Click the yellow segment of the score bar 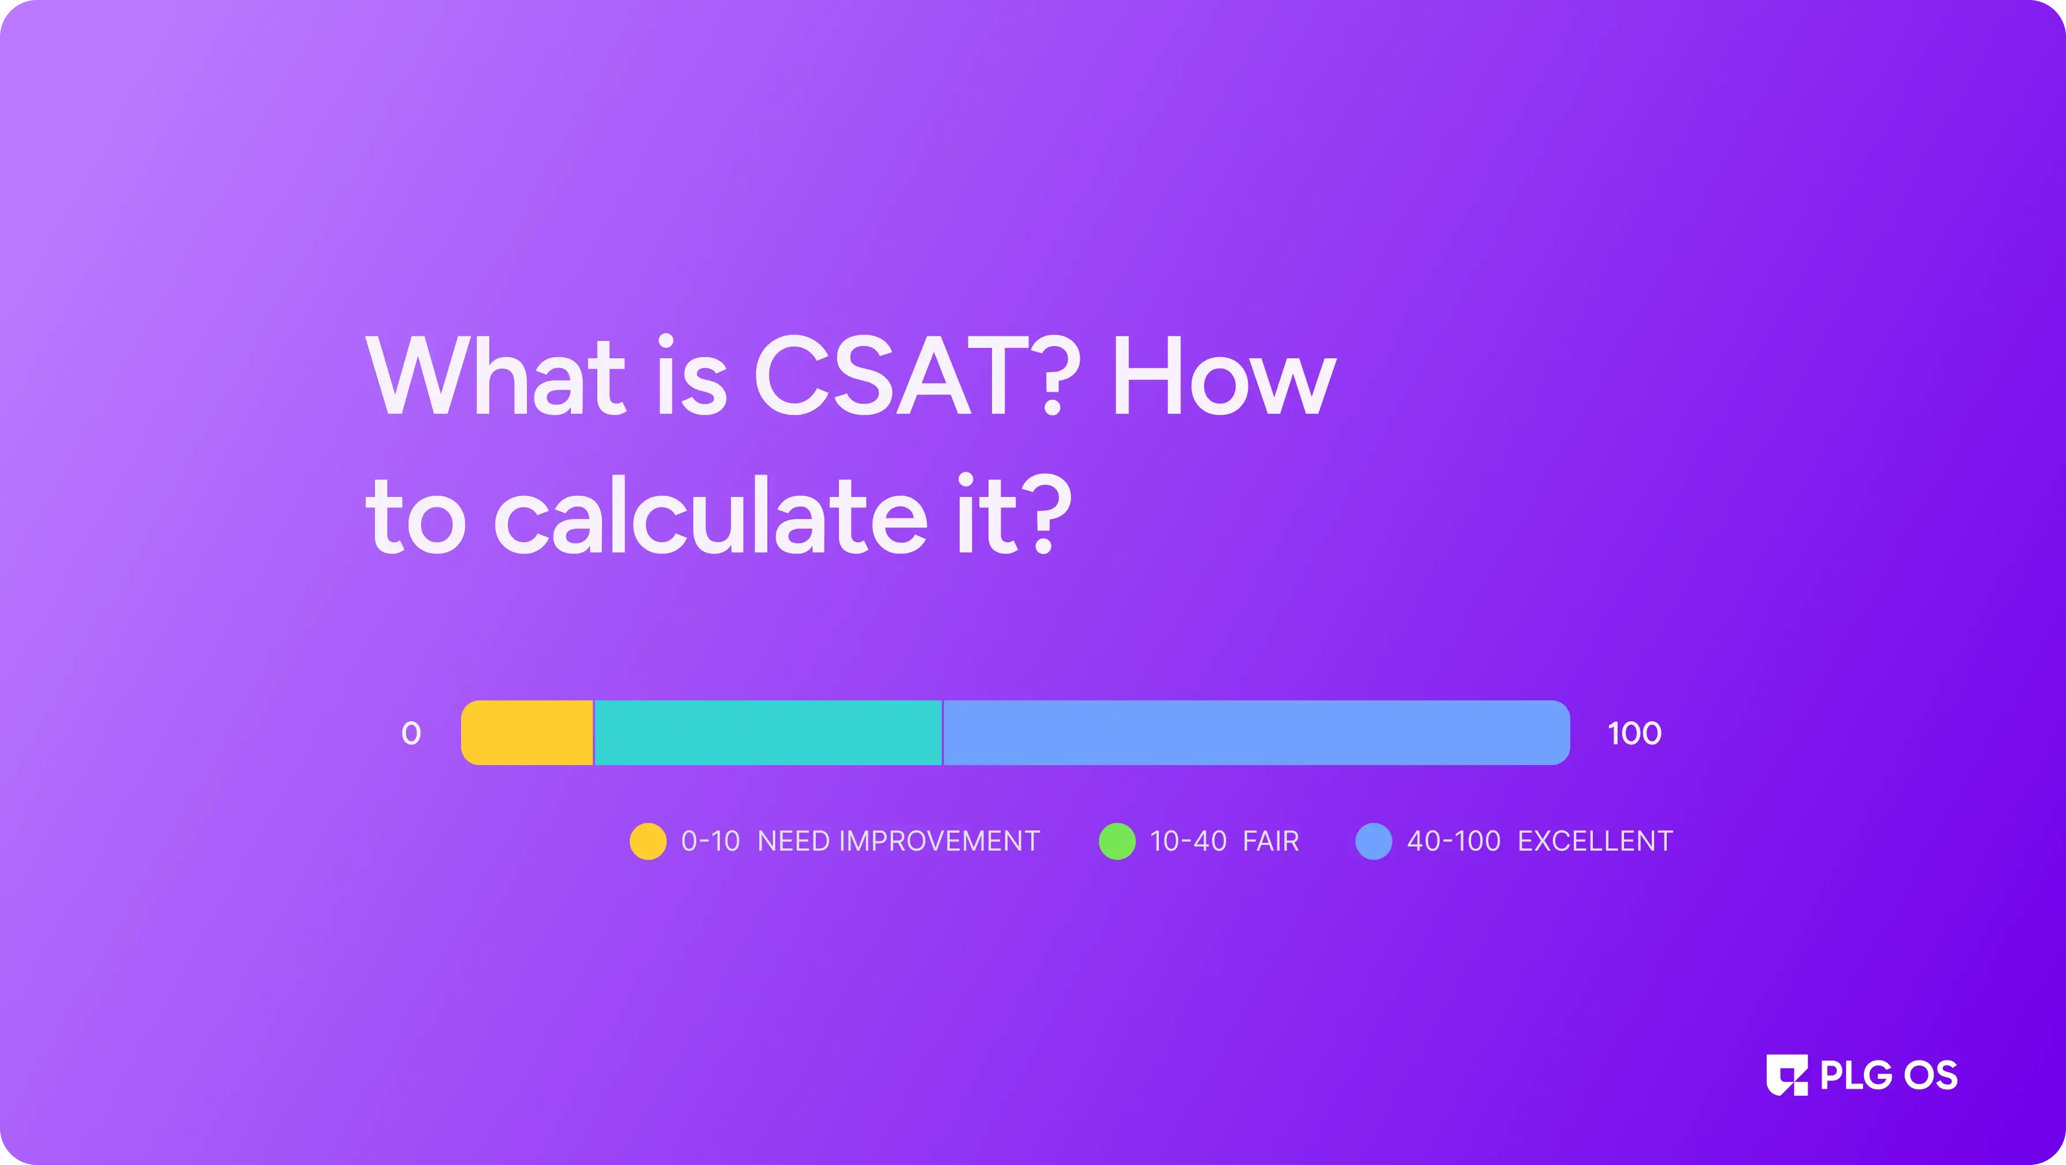click(x=527, y=733)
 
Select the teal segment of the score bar click(x=768, y=733)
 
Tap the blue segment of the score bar click(x=1256, y=733)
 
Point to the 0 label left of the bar click(x=411, y=733)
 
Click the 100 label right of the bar click(x=1634, y=733)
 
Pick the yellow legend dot click(x=648, y=841)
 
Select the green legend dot click(x=1117, y=841)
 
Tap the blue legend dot click(x=1374, y=841)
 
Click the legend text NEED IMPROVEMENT click(x=898, y=841)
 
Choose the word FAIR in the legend click(x=1270, y=841)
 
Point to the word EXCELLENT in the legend click(x=1595, y=841)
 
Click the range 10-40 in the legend click(x=1188, y=841)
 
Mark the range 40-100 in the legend click(x=1453, y=841)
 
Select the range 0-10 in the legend click(x=711, y=841)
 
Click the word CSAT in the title click(x=892, y=374)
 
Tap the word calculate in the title click(x=711, y=514)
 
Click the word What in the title click(x=496, y=374)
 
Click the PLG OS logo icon click(x=1787, y=1075)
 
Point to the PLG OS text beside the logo click(x=1889, y=1075)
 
